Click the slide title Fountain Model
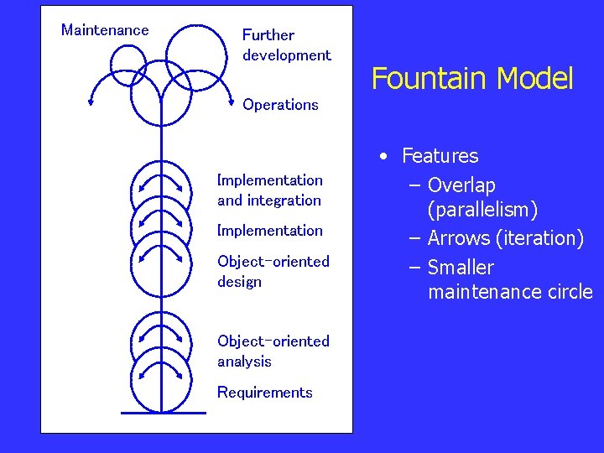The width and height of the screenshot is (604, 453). tap(471, 79)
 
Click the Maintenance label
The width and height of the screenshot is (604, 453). tap(105, 30)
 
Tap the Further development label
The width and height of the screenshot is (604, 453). tap(286, 45)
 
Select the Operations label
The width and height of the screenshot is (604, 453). tap(280, 105)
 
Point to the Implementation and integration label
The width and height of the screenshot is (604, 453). tap(269, 190)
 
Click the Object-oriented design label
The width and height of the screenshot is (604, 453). tap(273, 272)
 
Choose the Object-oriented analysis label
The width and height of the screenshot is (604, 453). tap(273, 351)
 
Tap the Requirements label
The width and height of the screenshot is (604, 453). tap(264, 393)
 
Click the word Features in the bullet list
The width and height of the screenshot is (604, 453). tap(440, 156)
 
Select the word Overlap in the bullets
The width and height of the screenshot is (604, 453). tap(461, 185)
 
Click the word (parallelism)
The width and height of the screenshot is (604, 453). tap(482, 210)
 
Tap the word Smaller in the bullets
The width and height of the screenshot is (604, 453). tap(461, 268)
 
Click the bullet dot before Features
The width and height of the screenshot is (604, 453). tap(383, 157)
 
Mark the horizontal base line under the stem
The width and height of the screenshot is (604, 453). tap(163, 413)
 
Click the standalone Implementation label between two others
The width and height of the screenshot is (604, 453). tap(269, 231)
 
